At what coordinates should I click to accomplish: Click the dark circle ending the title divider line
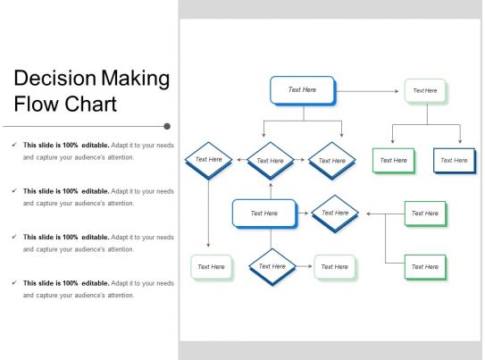(167, 127)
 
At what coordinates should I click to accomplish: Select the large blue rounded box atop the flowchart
(302, 90)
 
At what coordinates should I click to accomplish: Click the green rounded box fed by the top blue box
(425, 90)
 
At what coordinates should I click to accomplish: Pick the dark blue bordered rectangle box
(454, 160)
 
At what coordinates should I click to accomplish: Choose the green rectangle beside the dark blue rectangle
(393, 160)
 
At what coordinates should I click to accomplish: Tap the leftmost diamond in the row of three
(208, 160)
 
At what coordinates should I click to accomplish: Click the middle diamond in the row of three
(270, 161)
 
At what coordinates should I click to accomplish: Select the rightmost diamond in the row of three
(331, 161)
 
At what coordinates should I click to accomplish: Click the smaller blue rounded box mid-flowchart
(264, 213)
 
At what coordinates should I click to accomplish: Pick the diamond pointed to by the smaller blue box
(334, 213)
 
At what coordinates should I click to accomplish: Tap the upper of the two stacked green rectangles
(425, 213)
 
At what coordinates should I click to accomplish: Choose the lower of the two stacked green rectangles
(425, 266)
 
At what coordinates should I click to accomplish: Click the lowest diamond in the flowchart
(272, 266)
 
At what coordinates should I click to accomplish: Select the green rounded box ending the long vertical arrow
(211, 266)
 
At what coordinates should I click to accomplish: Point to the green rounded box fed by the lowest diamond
(334, 266)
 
